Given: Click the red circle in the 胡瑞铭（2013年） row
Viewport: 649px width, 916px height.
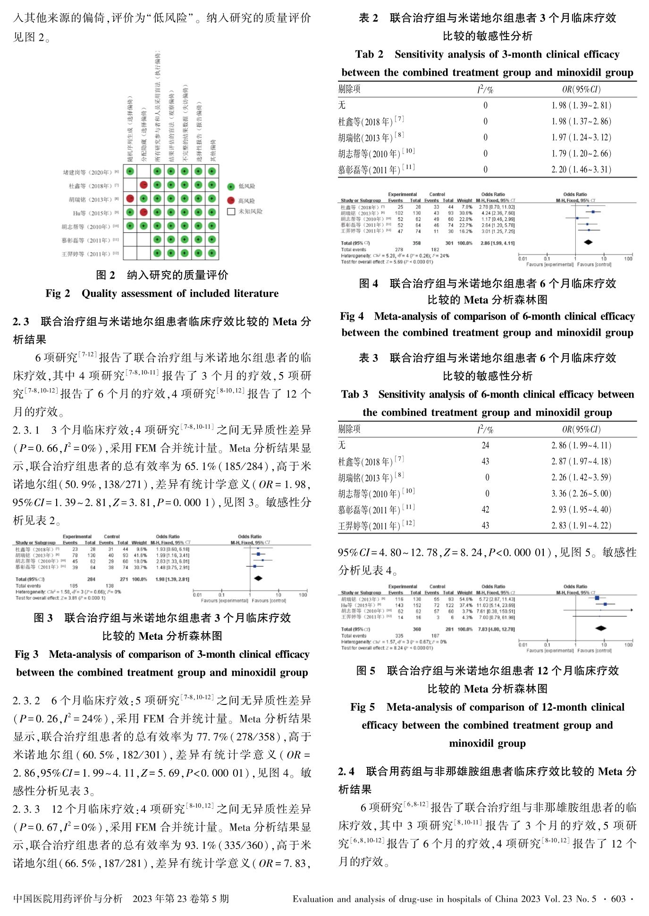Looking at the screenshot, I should coord(130,199).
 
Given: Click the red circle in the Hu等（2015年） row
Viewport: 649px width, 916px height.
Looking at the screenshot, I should coord(144,212).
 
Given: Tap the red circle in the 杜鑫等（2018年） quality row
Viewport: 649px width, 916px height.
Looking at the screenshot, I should coord(144,185).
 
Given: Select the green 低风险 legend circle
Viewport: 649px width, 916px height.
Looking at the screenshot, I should coord(231,187).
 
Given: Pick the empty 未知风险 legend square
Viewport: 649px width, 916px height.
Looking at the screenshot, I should coord(231,212).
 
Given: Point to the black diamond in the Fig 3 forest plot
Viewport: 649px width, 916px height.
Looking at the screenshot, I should coord(258,578).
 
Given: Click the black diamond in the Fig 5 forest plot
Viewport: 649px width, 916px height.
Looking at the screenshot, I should coord(600,628).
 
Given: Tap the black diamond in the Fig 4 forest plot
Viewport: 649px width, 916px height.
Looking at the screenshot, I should coord(588,243).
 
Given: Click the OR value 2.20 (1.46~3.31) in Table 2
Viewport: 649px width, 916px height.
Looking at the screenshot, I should coord(581,170).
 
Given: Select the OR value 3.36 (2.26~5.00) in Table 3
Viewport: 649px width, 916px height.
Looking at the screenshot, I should coord(581,494).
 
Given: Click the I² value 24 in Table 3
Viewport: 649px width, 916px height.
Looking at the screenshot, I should coord(485,445).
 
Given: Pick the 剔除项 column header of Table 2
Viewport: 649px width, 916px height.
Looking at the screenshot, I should coord(349,89).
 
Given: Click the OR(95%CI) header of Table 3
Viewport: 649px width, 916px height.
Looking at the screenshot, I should coord(581,429).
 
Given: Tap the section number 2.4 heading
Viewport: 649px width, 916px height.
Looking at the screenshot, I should coord(346,772).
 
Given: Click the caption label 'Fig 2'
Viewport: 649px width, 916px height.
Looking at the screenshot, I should coord(58,294).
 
